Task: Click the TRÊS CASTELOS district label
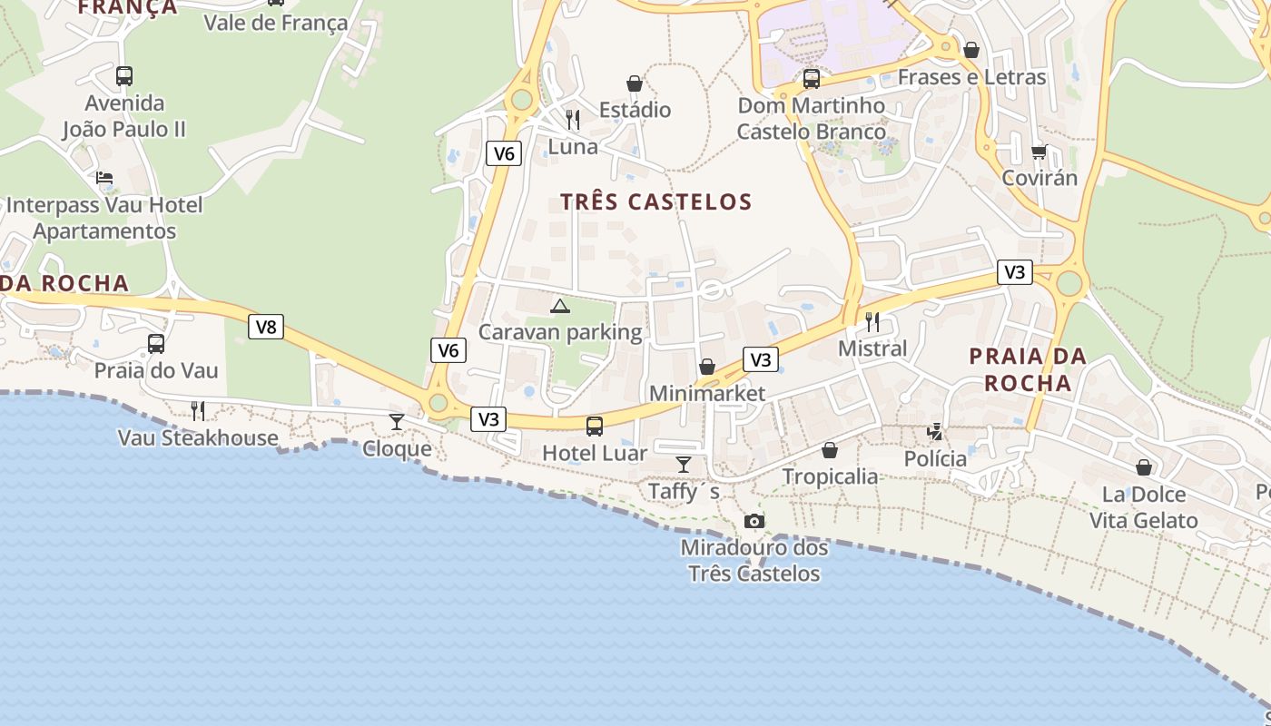point(655,201)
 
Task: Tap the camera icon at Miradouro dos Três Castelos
point(754,521)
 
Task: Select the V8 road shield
point(266,327)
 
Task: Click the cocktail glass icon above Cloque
point(397,421)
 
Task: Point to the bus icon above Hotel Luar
point(595,426)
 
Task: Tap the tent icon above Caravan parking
point(560,306)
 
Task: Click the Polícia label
point(935,458)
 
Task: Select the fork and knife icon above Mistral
point(872,321)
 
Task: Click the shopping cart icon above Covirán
point(1039,151)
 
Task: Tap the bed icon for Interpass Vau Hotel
point(104,178)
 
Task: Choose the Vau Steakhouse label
point(198,437)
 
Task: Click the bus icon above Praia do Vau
point(156,343)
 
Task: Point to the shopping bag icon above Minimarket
point(707,367)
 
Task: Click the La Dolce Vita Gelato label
point(1144,507)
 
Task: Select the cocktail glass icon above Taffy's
point(684,465)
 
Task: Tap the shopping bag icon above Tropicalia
point(830,449)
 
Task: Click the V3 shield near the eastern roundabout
point(1015,271)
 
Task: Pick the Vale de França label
point(275,23)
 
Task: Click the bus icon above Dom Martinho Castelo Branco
point(811,79)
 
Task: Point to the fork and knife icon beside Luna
point(573,119)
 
